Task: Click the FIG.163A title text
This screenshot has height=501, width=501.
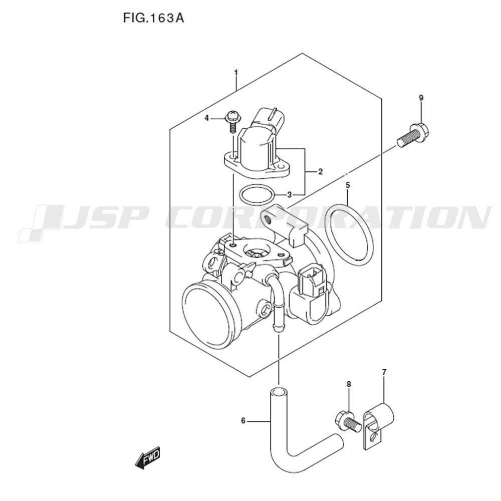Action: (154, 18)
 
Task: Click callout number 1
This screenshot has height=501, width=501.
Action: (236, 73)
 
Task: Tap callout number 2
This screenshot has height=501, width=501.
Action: (321, 172)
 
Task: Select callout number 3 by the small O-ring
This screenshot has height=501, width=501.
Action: (289, 194)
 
